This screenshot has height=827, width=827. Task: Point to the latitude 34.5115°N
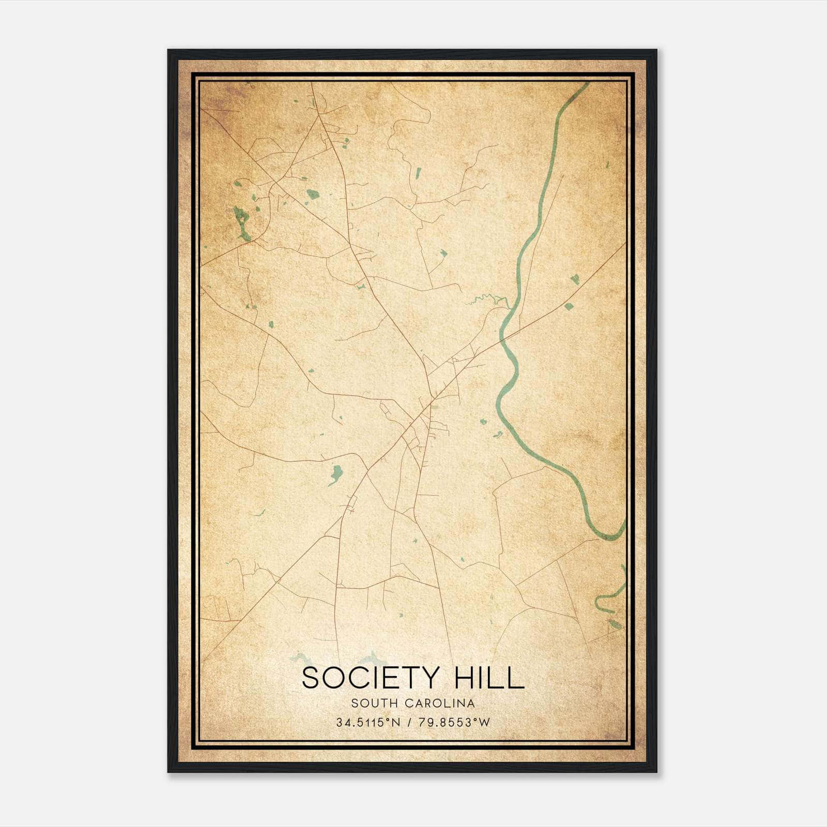[369, 723]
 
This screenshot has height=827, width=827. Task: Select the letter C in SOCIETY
[356, 678]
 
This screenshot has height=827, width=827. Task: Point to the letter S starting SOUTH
[354, 703]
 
